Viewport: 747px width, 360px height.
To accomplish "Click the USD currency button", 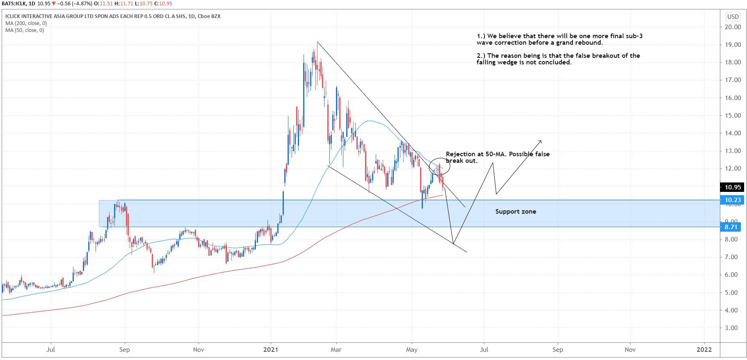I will pos(733,17).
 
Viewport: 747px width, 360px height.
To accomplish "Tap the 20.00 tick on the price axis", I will pos(733,27).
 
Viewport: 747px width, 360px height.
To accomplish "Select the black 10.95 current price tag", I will pos(733,187).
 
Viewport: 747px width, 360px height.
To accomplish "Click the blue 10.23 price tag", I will pos(733,200).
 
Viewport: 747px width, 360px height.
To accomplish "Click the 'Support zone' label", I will pos(515,212).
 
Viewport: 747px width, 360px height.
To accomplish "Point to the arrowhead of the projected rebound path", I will pos(541,141).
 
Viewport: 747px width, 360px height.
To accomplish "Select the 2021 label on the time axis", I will pos(271,350).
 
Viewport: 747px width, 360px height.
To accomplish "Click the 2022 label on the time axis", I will pos(704,350).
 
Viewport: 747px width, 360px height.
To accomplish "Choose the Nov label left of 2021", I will pos(199,350).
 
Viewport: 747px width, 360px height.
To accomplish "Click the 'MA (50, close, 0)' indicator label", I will pos(25,30).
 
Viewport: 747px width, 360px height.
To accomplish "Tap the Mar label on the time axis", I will pos(336,350).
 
